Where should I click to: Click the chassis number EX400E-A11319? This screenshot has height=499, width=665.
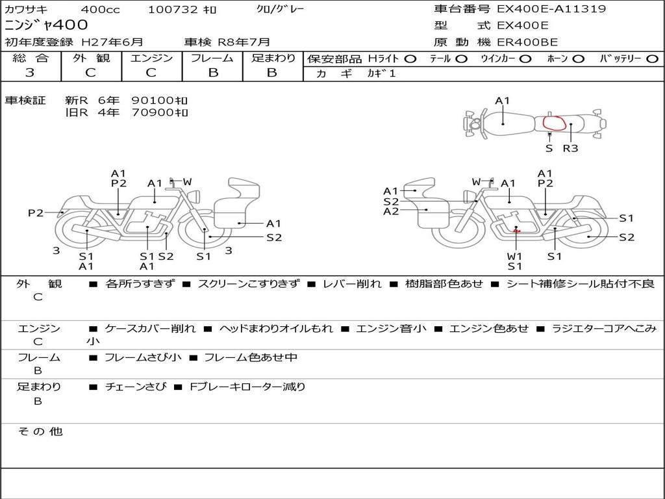(x=551, y=8)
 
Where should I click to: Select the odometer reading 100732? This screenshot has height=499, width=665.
(x=173, y=9)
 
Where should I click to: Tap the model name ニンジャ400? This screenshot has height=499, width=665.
(x=46, y=25)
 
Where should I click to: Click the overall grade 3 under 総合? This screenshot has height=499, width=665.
(x=30, y=72)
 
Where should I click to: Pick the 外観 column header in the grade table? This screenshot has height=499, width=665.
(x=91, y=58)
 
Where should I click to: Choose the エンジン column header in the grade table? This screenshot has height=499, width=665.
(x=151, y=58)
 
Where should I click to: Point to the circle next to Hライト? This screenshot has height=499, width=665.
(x=410, y=59)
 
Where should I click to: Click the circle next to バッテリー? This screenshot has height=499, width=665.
(x=652, y=59)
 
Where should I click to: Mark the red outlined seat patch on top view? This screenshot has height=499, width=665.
(x=555, y=123)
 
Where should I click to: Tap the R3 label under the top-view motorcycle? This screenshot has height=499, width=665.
(x=570, y=148)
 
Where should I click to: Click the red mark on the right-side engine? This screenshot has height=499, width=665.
(x=516, y=231)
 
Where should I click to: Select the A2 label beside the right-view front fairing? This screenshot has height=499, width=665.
(x=390, y=211)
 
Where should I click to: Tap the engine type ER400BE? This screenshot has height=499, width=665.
(x=527, y=42)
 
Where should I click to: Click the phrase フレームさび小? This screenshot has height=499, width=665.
(x=143, y=357)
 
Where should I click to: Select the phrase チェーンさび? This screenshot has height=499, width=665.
(x=136, y=387)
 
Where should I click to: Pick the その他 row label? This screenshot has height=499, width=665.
(x=40, y=431)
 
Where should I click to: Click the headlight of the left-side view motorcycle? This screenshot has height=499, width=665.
(x=195, y=196)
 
